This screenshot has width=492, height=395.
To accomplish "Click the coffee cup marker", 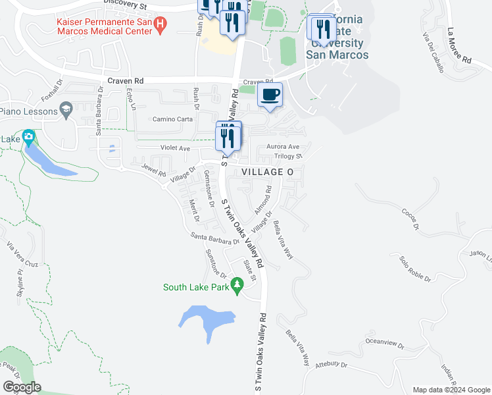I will (270, 94).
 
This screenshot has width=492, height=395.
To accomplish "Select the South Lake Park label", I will (196, 287).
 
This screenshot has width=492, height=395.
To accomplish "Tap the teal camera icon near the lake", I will (28, 138).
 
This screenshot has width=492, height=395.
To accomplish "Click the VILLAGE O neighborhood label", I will (266, 171).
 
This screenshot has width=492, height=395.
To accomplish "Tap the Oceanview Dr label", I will (382, 342).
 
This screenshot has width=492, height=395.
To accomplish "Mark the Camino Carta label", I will (172, 119).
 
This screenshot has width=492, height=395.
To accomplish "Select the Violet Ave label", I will (176, 149).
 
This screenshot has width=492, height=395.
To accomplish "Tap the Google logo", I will (22, 387).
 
